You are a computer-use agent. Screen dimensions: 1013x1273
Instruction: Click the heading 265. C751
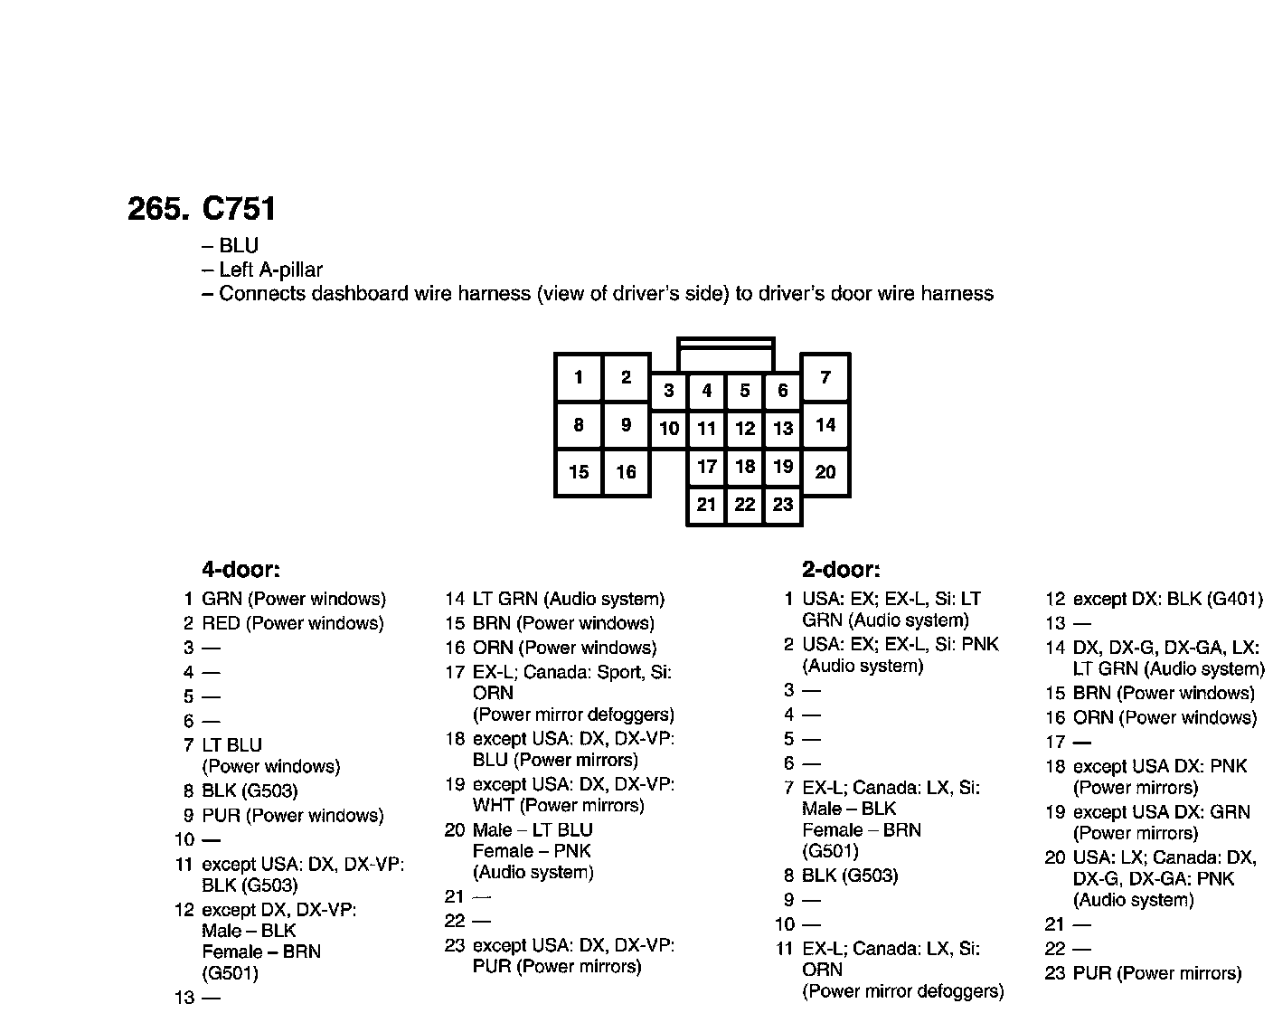(x=202, y=209)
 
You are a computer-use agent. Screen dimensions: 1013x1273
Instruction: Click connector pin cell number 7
(x=825, y=377)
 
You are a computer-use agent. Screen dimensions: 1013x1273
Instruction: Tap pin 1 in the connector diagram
(x=579, y=377)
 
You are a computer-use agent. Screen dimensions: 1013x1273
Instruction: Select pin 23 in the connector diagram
(x=783, y=505)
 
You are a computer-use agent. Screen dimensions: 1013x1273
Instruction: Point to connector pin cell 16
(x=626, y=471)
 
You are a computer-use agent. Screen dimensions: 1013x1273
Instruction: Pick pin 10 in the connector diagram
(x=669, y=429)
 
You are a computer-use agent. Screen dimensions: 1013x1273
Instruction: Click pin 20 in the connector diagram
(x=825, y=471)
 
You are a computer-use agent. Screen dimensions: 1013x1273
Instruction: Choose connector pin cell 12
(x=745, y=429)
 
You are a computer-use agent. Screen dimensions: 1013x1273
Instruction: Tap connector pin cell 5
(x=745, y=391)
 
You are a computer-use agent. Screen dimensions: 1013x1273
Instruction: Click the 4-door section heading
(x=240, y=570)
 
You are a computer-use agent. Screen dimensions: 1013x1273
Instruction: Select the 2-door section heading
(x=841, y=570)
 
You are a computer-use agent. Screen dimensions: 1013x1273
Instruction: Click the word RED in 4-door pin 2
(x=221, y=623)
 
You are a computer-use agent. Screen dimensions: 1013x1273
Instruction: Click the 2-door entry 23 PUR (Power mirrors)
(x=1144, y=973)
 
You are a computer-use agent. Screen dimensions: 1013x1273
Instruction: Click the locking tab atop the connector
(x=726, y=354)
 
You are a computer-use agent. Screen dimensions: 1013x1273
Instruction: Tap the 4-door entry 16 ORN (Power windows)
(x=551, y=648)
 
